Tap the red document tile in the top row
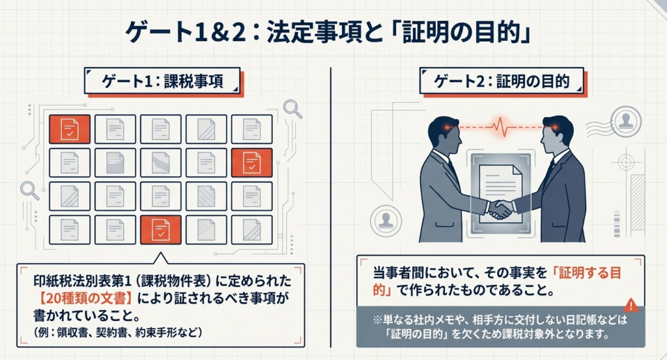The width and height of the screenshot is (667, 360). (x=68, y=130)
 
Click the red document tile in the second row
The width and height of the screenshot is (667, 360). (x=251, y=163)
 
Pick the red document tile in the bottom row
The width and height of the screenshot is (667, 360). (x=160, y=228)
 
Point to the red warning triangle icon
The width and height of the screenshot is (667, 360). (x=631, y=305)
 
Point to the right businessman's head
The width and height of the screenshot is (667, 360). (x=558, y=131)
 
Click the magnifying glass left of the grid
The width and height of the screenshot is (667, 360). (x=29, y=189)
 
